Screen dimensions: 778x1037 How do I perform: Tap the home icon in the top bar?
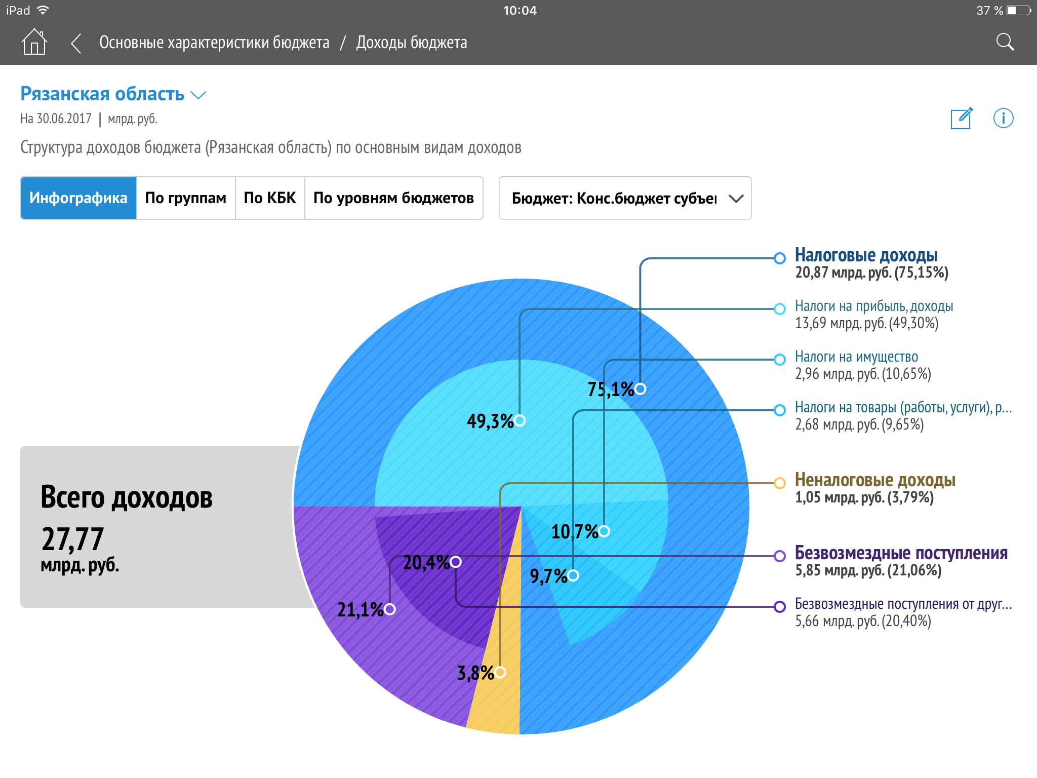34,42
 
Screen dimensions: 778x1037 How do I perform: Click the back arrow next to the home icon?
76,43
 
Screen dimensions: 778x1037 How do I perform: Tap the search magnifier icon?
1005,42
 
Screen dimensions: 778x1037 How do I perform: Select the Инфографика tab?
78,198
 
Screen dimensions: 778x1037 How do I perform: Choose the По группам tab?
185,198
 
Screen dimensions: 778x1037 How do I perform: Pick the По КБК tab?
269,198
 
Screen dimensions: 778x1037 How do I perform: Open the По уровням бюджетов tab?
393,198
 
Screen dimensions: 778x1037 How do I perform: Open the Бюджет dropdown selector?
625,198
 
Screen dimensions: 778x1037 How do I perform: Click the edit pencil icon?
961,119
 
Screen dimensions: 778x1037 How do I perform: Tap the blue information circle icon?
1003,119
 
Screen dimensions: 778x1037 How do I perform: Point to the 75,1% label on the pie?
610,390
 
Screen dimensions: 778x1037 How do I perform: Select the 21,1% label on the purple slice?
360,610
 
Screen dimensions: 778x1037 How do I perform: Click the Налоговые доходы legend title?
866,255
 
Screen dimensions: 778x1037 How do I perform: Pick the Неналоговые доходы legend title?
874,480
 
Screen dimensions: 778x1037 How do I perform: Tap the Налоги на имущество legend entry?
856,357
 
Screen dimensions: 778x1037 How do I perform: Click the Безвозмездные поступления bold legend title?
901,553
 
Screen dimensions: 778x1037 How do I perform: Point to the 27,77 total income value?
72,539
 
